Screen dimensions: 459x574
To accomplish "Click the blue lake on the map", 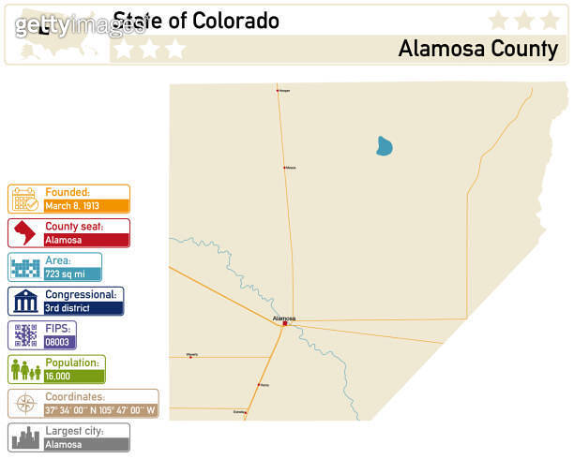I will (384, 146).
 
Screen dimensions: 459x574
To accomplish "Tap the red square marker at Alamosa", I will (284, 324).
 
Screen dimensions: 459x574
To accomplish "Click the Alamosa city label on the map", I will (283, 318).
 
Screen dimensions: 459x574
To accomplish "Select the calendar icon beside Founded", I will (24, 199).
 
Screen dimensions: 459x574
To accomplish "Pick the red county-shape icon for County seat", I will (24, 233).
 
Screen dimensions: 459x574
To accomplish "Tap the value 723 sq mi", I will (65, 274).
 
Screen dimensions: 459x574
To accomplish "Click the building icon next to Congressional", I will (25, 302).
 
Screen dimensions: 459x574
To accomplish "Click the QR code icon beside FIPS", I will (24, 335).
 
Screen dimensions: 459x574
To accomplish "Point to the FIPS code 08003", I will (57, 342).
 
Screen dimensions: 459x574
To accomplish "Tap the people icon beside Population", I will (25, 370).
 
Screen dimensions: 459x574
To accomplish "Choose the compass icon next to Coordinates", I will (25, 404).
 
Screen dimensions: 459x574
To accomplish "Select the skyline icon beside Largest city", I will (25, 437).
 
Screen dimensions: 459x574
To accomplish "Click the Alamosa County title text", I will (477, 49).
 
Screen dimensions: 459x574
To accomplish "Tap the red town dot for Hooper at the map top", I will (278, 91).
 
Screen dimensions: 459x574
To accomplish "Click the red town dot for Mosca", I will (284, 168).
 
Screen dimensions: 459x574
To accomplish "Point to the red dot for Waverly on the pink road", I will (190, 357).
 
